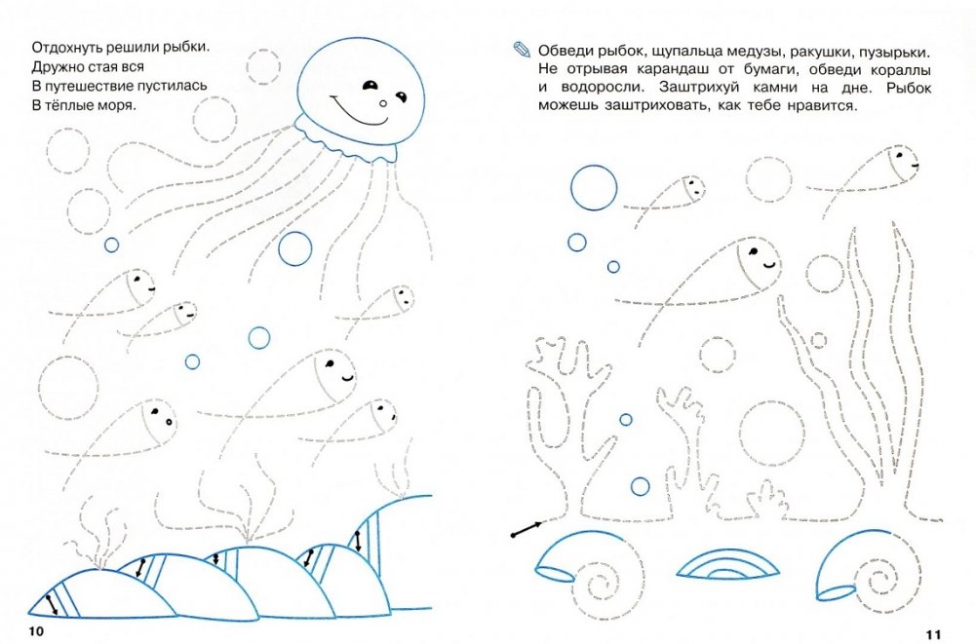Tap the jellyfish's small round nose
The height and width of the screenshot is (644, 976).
click(383, 104)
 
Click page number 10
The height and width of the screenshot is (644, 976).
click(36, 631)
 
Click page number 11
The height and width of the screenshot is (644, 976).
click(933, 634)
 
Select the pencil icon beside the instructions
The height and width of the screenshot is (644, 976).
click(522, 49)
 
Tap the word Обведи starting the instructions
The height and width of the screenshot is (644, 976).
click(565, 51)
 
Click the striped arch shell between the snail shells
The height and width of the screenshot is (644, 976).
click(727, 564)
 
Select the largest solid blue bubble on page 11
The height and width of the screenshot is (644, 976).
click(594, 188)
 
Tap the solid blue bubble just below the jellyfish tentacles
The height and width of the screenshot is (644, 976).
click(295, 248)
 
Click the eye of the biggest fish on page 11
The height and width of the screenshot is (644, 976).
click(753, 252)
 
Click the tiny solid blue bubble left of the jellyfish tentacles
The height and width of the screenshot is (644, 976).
click(111, 245)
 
